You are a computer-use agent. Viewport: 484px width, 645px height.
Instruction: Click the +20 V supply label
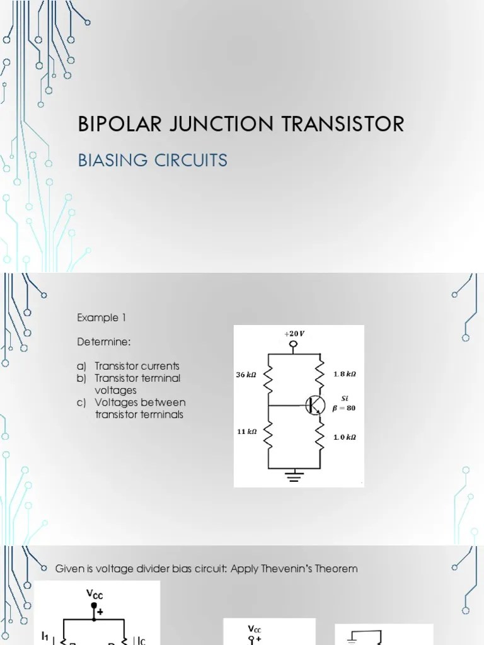[x=294, y=333]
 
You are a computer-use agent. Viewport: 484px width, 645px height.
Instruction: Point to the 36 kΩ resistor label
[x=246, y=375]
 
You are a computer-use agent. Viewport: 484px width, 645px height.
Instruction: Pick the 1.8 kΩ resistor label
[x=345, y=374]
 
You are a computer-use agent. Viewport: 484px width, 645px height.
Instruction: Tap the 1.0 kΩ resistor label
[x=345, y=437]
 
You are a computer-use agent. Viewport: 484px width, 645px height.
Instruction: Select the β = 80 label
[x=345, y=408]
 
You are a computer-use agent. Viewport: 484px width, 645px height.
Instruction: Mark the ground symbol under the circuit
[x=294, y=474]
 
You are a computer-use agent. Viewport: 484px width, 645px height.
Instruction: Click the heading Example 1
[x=98, y=317]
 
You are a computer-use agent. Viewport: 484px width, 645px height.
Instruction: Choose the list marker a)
[x=82, y=366]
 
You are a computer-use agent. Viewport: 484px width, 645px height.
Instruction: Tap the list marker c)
[x=82, y=402]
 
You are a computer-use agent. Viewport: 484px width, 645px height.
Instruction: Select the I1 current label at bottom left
[x=45, y=637]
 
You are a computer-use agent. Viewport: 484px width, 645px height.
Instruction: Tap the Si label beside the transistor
[x=345, y=398]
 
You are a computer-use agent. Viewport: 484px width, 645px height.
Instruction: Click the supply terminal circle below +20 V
[x=294, y=345]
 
